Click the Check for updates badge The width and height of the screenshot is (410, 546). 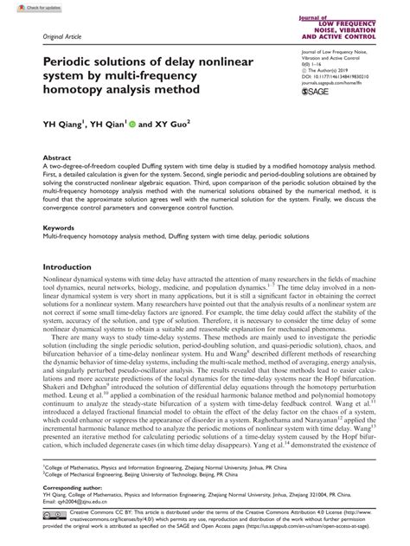[25, 7]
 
